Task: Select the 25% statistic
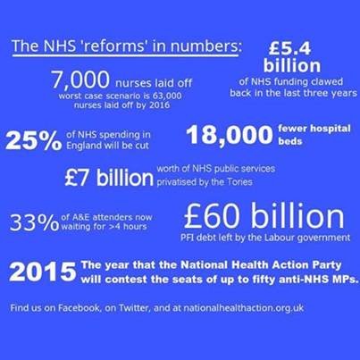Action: click(x=33, y=139)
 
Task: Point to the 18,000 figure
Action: click(x=228, y=136)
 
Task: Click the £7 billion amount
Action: click(x=108, y=177)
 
